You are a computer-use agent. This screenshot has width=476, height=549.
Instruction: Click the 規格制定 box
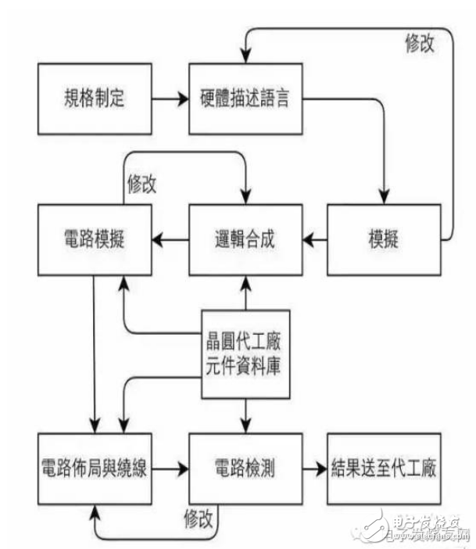click(95, 99)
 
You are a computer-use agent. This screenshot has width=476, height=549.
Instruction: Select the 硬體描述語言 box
click(245, 99)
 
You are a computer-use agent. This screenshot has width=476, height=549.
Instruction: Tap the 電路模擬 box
click(95, 240)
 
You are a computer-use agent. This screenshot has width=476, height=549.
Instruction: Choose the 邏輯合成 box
click(245, 240)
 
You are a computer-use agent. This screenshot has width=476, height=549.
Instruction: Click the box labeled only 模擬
click(384, 240)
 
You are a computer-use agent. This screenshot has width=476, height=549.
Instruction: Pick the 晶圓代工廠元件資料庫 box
click(245, 354)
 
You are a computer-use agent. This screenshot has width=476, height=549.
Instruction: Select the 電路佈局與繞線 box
click(95, 468)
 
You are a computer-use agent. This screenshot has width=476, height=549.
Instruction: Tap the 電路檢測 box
click(245, 468)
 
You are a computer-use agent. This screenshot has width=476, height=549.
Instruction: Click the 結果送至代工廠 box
click(384, 468)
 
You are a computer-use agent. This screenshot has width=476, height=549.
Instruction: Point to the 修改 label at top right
click(420, 43)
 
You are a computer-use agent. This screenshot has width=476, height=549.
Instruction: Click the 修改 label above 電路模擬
click(141, 184)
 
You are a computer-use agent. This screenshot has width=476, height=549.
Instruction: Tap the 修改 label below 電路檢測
click(199, 518)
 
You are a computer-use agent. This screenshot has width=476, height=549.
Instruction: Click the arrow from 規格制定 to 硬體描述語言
click(170, 99)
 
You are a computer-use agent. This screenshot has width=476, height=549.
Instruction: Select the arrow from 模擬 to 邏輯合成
click(315, 240)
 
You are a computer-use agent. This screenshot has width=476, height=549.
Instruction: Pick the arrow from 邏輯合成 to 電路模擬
click(170, 240)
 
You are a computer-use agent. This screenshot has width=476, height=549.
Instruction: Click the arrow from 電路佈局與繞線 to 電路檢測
click(170, 468)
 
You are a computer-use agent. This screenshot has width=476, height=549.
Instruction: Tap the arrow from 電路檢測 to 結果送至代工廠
click(315, 468)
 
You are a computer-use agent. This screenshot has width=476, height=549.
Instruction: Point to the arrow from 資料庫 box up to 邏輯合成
click(245, 293)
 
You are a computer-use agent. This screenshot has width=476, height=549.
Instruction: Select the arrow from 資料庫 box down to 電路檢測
click(245, 416)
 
